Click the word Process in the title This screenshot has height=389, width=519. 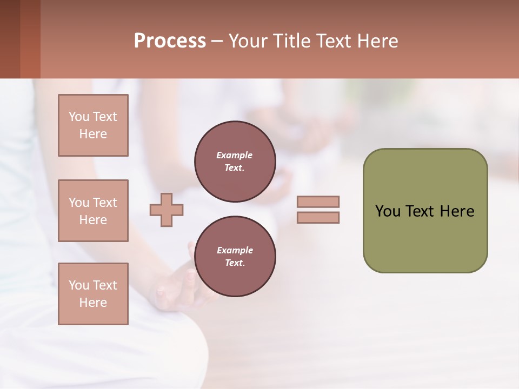tap(170, 41)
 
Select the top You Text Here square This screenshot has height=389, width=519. tap(93, 125)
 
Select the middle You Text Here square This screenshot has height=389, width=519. tap(93, 211)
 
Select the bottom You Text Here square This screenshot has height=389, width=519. tap(93, 294)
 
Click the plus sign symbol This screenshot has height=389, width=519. tap(167, 210)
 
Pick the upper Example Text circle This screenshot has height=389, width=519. tap(235, 162)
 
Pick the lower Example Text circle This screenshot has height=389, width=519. tap(235, 257)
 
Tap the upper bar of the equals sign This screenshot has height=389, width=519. tap(318, 202)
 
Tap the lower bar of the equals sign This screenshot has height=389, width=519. tap(318, 217)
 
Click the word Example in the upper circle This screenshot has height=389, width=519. tap(235, 156)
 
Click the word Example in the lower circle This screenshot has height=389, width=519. tap(235, 251)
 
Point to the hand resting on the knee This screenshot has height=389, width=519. tap(178, 286)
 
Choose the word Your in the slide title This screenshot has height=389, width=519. tap(247, 41)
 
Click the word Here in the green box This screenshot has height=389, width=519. tap(457, 211)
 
